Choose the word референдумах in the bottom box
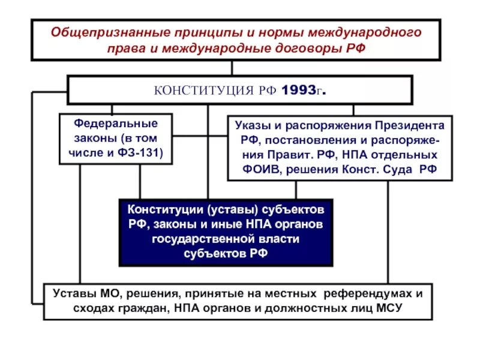tap(368, 294)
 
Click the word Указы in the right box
tap(251, 126)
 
